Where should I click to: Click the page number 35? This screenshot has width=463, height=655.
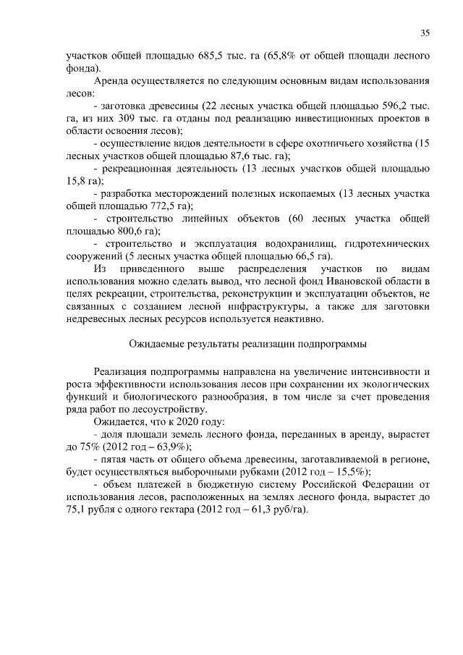(425, 33)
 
